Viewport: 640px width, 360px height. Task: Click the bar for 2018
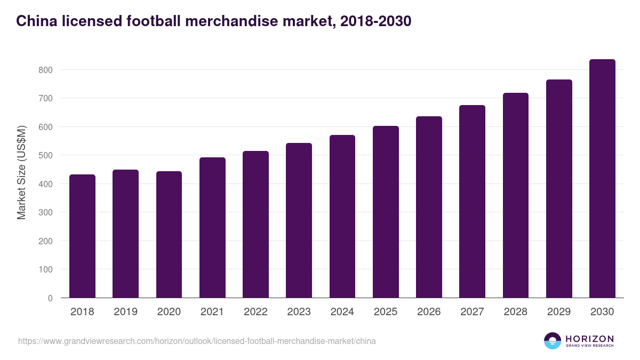(82, 236)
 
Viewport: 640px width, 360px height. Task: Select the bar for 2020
(169, 235)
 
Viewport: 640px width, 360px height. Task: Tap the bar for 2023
(299, 220)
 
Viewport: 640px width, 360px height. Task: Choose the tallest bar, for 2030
(602, 179)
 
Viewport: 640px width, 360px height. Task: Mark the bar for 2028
(516, 195)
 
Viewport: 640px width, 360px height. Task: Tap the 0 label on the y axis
(50, 298)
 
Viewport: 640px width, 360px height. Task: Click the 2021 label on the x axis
(212, 312)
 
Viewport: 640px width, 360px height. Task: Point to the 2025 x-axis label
(386, 312)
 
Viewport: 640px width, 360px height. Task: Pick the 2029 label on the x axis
(559, 312)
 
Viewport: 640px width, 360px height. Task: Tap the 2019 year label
(125, 312)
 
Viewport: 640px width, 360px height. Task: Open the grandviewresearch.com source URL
(197, 341)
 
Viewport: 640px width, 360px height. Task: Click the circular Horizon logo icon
(553, 341)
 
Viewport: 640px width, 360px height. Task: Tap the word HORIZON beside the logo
(589, 338)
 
